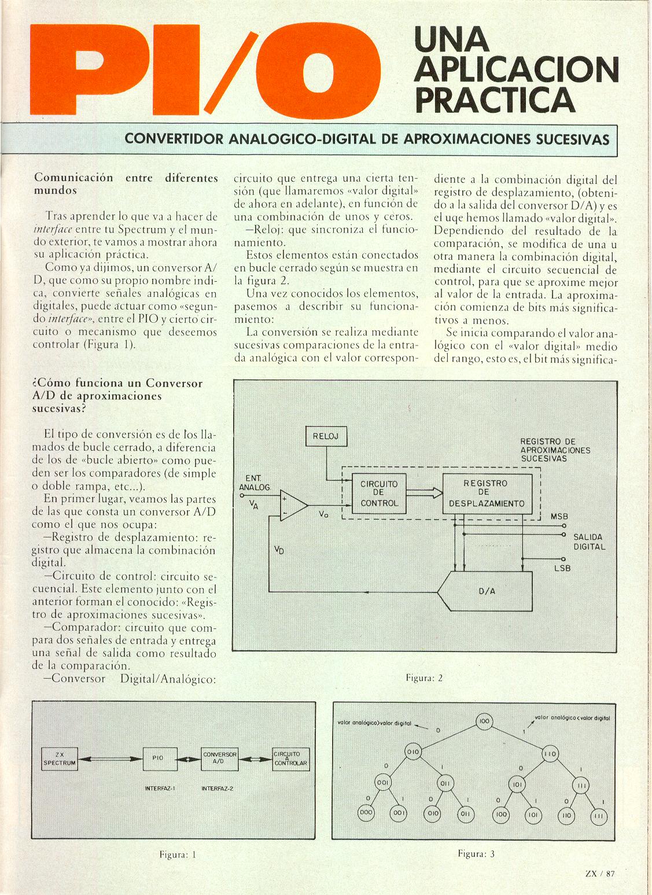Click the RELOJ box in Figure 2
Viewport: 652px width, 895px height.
click(326, 436)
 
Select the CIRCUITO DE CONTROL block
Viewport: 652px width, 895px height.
click(379, 493)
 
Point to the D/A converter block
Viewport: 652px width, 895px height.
click(485, 591)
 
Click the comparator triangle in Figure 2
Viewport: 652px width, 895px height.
click(293, 505)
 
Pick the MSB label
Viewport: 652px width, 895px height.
click(559, 516)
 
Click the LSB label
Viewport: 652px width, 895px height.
click(561, 568)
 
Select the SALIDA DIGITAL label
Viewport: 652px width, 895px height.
click(589, 542)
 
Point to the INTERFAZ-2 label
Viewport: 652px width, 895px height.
click(217, 788)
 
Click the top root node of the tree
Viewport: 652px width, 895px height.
click(484, 721)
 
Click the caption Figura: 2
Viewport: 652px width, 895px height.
click(424, 677)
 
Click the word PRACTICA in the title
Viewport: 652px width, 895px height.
click(495, 100)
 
